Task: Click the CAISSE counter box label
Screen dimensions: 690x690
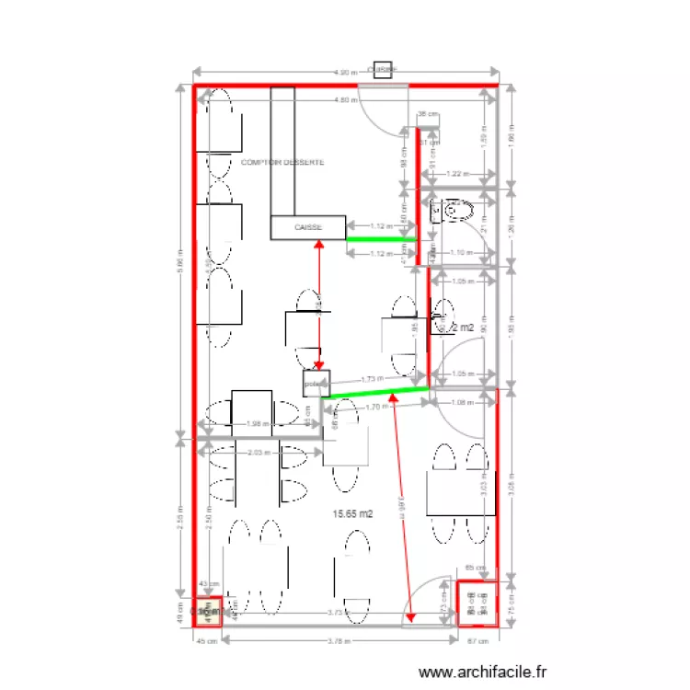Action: point(307,226)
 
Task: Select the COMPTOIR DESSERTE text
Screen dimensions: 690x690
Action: point(282,162)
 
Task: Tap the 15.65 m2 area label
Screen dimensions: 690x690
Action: point(352,514)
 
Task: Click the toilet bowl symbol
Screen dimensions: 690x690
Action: point(454,213)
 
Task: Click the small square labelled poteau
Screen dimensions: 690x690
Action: point(316,383)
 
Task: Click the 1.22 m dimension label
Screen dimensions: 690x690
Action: point(457,173)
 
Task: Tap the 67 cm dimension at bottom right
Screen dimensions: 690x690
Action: point(477,642)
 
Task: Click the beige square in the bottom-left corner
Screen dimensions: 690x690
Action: point(208,610)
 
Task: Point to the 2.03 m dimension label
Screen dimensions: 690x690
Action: point(260,452)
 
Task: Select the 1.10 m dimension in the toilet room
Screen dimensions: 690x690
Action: point(459,251)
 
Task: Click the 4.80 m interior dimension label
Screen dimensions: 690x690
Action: point(344,99)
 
